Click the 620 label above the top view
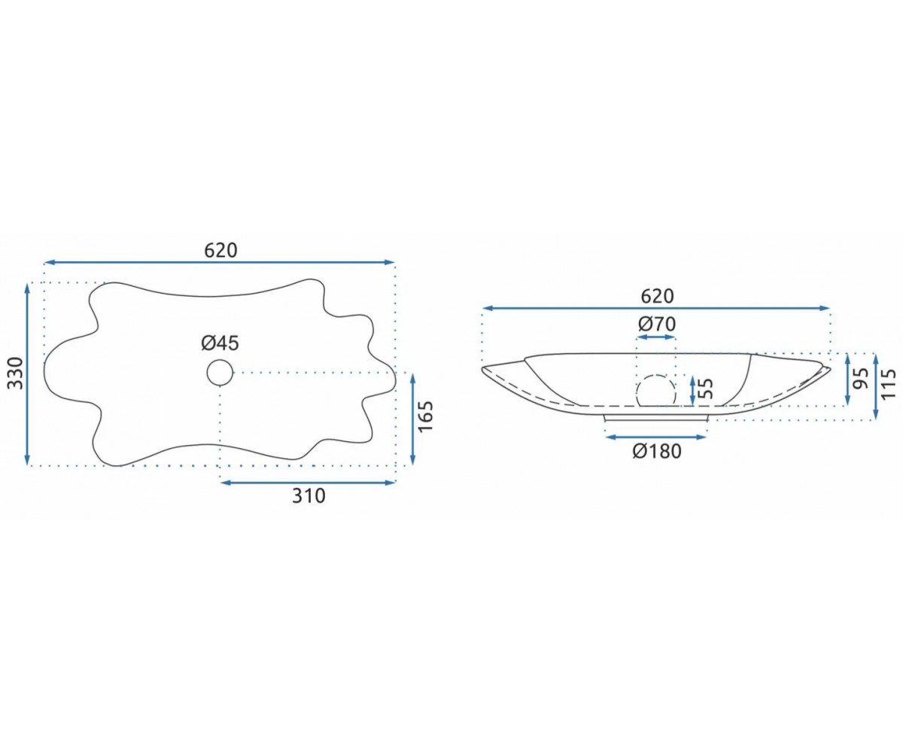point(220,251)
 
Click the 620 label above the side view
point(657,297)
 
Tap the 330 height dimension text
point(16,373)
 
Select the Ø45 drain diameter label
point(220,343)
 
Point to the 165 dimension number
point(426,416)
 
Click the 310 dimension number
point(309,496)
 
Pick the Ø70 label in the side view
point(657,324)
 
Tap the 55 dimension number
point(705,389)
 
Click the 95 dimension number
point(862,378)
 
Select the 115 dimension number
point(889,384)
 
